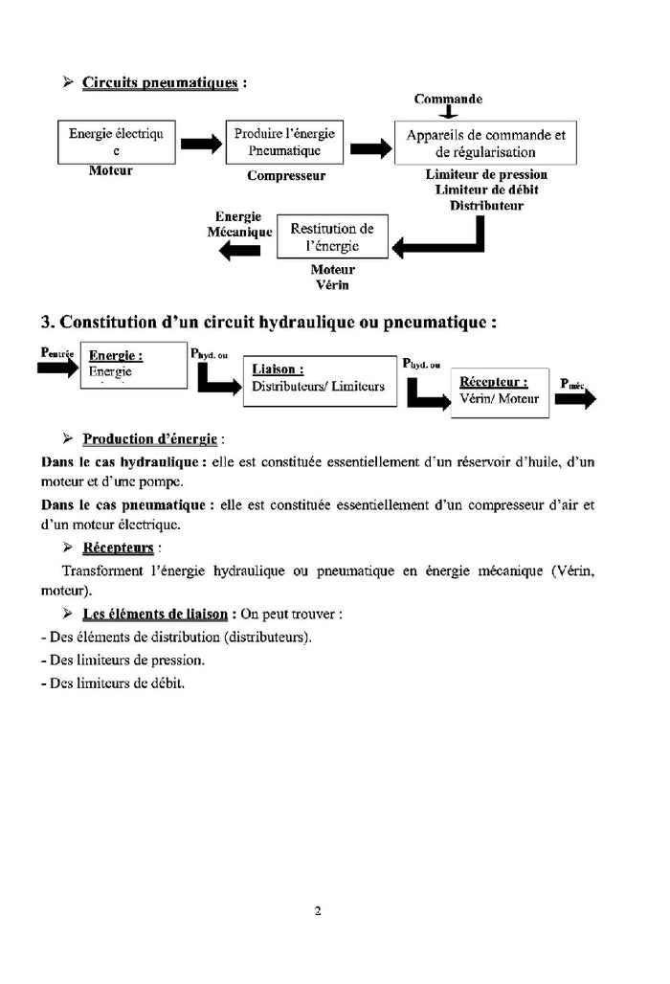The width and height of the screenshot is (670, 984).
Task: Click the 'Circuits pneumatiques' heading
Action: [160, 82]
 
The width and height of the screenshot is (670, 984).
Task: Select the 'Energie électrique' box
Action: [116, 142]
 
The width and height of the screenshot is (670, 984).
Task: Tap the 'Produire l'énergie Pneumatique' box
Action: [283, 142]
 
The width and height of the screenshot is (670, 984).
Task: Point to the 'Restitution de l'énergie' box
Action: [332, 236]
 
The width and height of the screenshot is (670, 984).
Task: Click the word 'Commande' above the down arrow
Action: [448, 99]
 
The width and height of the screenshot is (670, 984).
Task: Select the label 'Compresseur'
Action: [286, 175]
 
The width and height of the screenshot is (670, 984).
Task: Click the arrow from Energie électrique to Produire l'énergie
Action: [201, 144]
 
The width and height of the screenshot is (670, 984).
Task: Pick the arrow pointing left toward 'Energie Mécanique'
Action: [239, 251]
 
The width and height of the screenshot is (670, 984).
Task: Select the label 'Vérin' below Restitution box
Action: [332, 285]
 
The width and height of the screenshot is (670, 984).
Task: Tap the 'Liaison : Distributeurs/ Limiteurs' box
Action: [320, 380]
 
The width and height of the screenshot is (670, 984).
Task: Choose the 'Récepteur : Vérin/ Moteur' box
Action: [500, 391]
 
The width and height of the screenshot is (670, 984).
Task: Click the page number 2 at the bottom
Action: [317, 910]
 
